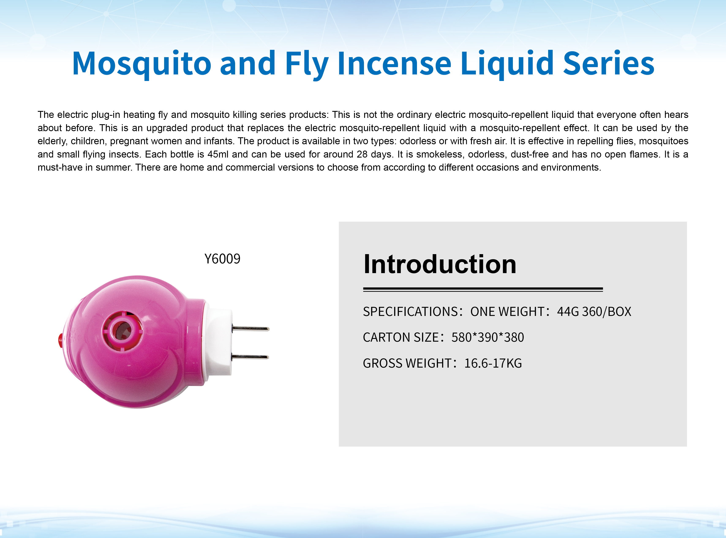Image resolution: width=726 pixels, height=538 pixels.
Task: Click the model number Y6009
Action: click(x=222, y=259)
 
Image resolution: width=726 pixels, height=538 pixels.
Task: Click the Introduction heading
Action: click(x=440, y=264)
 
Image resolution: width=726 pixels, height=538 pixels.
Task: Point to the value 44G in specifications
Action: click(x=568, y=312)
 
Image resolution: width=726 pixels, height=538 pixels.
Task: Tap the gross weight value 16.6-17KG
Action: click(x=493, y=363)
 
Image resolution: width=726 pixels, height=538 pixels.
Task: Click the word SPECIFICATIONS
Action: click(x=411, y=312)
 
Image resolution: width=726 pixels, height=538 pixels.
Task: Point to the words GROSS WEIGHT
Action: click(x=407, y=363)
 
